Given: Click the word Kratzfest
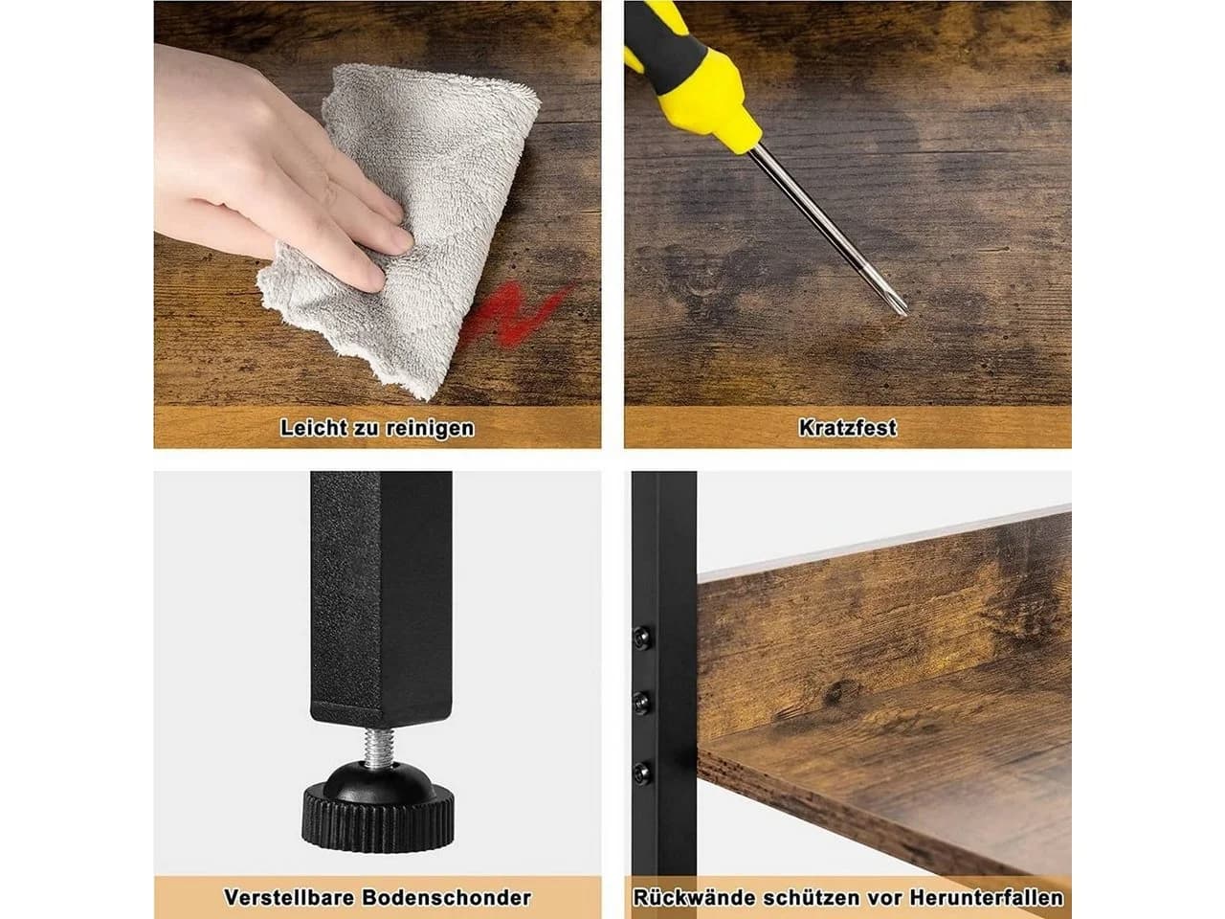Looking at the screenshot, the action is tap(847, 428).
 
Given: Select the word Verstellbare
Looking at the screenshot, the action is tap(289, 898).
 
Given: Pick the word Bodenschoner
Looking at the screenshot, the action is tap(447, 898).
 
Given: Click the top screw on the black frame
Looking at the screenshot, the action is tap(642, 639).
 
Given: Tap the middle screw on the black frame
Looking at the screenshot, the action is tap(642, 704).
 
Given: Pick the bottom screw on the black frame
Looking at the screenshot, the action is tap(642, 773).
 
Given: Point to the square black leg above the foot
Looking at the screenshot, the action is tap(381, 600).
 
